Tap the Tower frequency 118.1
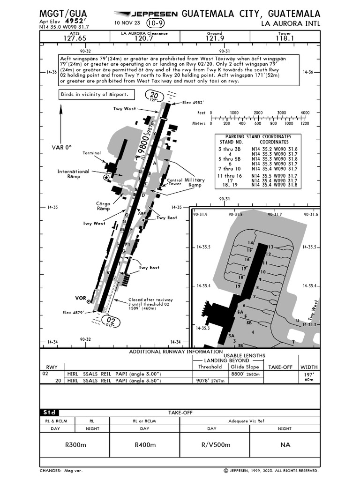coord(285,38)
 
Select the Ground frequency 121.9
coord(215,38)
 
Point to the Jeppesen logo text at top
coord(146,14)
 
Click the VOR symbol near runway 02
coord(89,302)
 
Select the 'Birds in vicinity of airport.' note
coord(94,94)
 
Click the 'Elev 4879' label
coord(74,312)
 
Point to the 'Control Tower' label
coord(174,182)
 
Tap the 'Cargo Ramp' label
coord(103,206)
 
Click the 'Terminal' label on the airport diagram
coord(92,153)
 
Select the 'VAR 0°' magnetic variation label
coord(62,147)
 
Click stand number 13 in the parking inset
coord(270,247)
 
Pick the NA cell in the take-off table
coord(285,444)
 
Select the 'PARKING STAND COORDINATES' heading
coord(258,136)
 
